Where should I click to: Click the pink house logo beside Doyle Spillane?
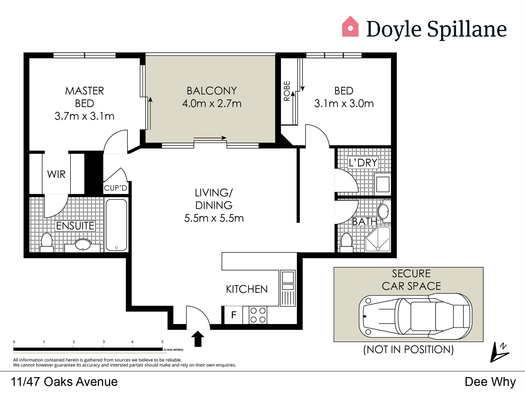click(350, 26)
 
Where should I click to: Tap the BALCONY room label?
click(212, 91)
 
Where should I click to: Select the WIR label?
click(56, 174)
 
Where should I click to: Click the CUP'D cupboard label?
click(115, 188)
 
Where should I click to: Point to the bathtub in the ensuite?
click(116, 225)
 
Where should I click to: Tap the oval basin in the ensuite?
click(83, 244)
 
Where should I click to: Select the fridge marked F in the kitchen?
click(233, 315)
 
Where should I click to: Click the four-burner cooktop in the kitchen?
click(258, 315)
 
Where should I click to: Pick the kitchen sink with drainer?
click(288, 288)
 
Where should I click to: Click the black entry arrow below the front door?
click(198, 339)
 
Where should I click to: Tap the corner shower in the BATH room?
click(378, 239)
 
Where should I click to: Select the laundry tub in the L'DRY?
click(383, 184)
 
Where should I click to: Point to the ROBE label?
click(287, 91)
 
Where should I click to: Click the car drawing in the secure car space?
click(416, 316)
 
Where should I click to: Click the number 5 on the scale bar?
click(162, 342)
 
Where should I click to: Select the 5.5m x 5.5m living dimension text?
click(214, 218)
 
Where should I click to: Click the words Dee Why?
click(490, 382)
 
